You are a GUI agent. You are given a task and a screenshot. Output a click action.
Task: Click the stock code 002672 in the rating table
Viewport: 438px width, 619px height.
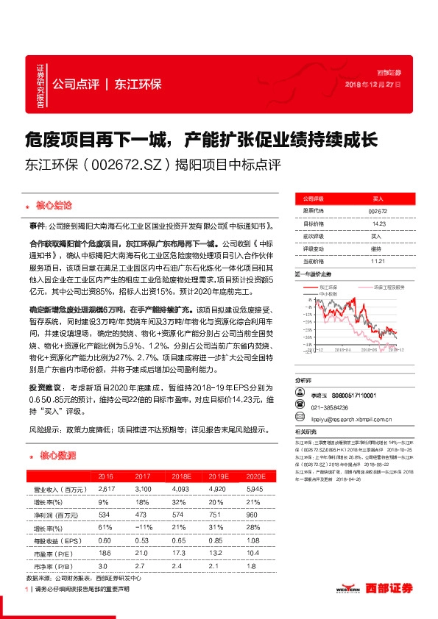[377, 211]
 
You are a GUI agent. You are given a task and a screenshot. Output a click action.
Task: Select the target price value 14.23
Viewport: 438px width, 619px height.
[378, 223]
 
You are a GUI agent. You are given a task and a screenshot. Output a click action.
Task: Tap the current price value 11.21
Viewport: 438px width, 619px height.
[378, 260]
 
